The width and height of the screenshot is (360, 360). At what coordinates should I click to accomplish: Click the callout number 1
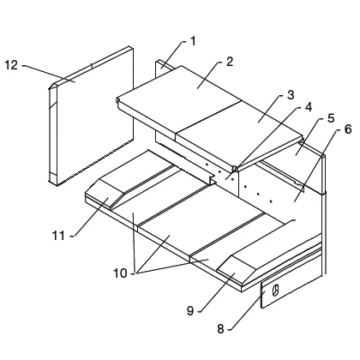(x=194, y=41)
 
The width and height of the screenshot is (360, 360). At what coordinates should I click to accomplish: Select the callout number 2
(x=230, y=62)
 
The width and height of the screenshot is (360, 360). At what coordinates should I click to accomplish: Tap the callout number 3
(x=291, y=95)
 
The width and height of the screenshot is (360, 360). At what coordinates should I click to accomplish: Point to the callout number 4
(x=309, y=107)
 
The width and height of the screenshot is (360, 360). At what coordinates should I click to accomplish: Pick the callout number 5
(x=331, y=118)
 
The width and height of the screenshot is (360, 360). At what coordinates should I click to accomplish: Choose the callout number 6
(x=348, y=129)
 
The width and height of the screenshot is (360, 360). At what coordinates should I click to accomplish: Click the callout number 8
(x=220, y=329)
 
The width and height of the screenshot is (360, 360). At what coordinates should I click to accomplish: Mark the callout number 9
(x=190, y=310)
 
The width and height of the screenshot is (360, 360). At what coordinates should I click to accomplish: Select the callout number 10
(x=120, y=273)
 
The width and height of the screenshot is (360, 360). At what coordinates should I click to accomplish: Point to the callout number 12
(x=11, y=65)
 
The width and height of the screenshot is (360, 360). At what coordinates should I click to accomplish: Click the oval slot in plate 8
(x=275, y=291)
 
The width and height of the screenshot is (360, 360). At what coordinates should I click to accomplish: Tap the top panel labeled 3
(x=240, y=135)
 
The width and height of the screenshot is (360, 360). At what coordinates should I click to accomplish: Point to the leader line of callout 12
(x=49, y=74)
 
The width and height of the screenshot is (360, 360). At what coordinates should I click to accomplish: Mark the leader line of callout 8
(x=247, y=310)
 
